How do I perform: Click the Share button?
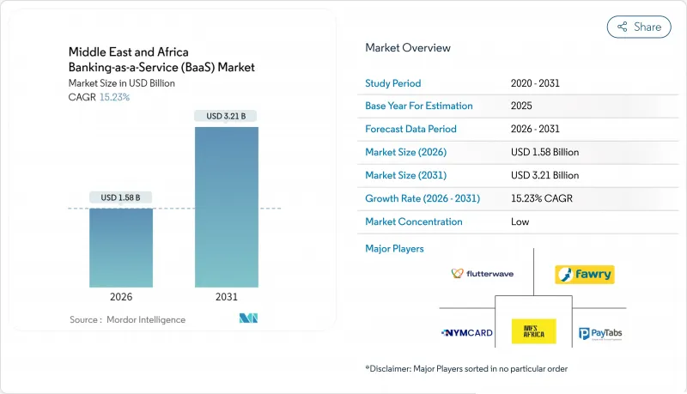[x=639, y=27]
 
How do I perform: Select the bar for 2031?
[x=227, y=207]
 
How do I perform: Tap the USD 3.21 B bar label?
[x=227, y=116]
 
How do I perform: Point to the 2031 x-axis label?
[x=227, y=298]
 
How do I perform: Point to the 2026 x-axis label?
[x=121, y=298]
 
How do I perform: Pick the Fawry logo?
[x=584, y=275]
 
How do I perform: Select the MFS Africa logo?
[x=533, y=330]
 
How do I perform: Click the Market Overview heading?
[x=407, y=48]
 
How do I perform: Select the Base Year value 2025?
[x=521, y=106]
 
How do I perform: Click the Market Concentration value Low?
[x=520, y=221]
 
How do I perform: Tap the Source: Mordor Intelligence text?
[x=127, y=319]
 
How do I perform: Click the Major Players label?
[x=394, y=249]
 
